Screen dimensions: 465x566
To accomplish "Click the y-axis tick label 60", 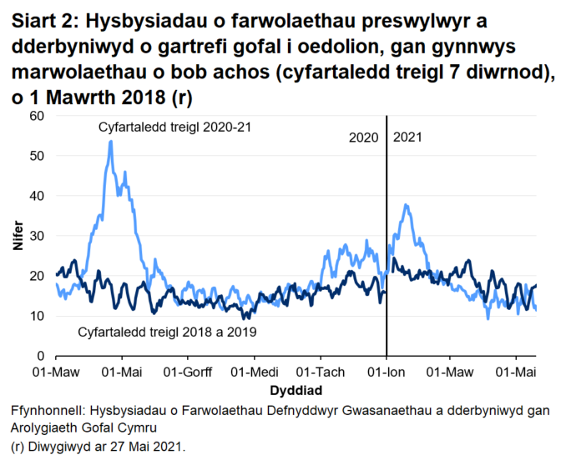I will pyautogui.click(x=37, y=116).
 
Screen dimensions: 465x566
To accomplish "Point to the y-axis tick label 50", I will pyautogui.click(x=37, y=156).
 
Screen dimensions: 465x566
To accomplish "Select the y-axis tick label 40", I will pyautogui.click(x=37, y=196).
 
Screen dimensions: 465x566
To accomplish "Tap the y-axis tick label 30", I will pyautogui.click(x=37, y=236).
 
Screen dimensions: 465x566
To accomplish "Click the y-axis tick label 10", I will pyautogui.click(x=37, y=316).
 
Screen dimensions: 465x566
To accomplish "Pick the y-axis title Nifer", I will pyautogui.click(x=17, y=236).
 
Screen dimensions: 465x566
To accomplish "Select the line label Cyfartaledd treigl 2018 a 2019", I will pyautogui.click(x=166, y=332).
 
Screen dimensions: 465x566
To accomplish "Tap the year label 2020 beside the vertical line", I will pyautogui.click(x=364, y=137).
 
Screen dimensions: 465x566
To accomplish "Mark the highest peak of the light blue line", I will pyautogui.click(x=110, y=141).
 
